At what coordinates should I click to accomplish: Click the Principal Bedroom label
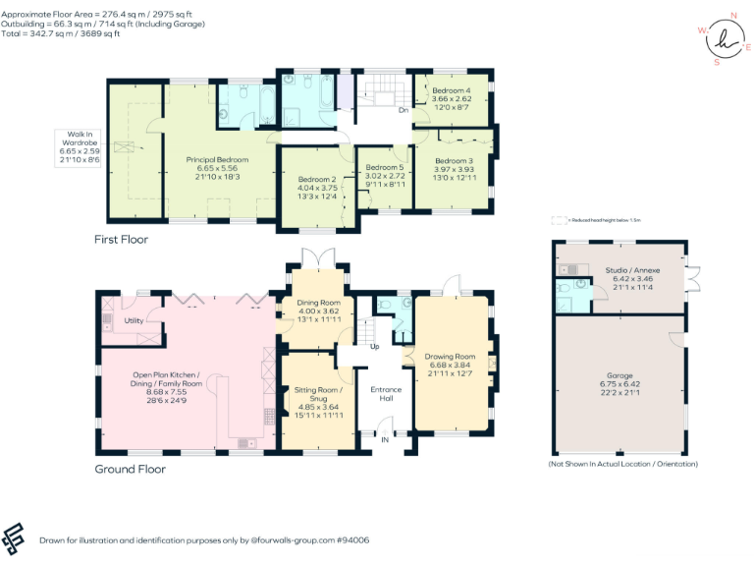tap(217, 159)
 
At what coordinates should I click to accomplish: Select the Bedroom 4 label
tap(451, 90)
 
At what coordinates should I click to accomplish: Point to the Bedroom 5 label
tap(378, 167)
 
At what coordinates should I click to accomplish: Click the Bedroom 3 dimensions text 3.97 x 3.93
tap(454, 168)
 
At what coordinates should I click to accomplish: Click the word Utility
tap(135, 321)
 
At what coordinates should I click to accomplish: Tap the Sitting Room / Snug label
tap(317, 395)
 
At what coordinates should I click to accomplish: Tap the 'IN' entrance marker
tap(385, 440)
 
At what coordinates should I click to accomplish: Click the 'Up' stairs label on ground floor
tap(374, 347)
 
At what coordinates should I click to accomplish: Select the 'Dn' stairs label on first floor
tap(403, 110)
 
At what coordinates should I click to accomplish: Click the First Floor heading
tap(121, 239)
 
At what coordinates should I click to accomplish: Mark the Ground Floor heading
tap(130, 469)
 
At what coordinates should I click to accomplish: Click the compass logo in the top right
tap(725, 39)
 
